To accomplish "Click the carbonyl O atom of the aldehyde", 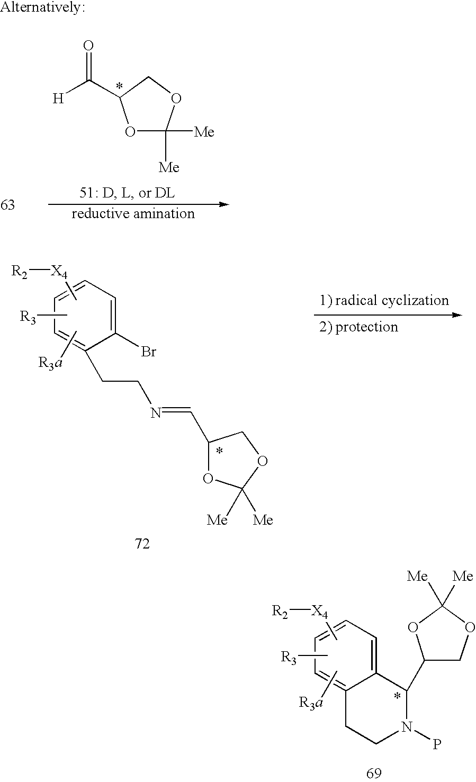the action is tap(89, 46).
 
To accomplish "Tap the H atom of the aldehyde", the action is tap(58, 99).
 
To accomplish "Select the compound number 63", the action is tap(7, 205).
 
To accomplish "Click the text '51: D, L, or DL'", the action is tap(127, 193).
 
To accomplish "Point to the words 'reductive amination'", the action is tap(133, 214).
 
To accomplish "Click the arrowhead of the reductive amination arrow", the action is tap(223, 204).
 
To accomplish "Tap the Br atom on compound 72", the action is tap(148, 352).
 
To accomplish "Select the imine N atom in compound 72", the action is tap(156, 414).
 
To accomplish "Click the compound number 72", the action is tap(142, 544).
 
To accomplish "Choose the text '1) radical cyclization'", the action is tap(384, 300).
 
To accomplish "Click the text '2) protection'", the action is tap(358, 327).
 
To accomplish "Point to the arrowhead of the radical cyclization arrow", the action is tap(456, 315).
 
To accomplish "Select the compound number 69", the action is tap(374, 774).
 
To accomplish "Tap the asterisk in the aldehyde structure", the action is tap(119, 86).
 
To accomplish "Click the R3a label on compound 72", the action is tap(50, 363).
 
